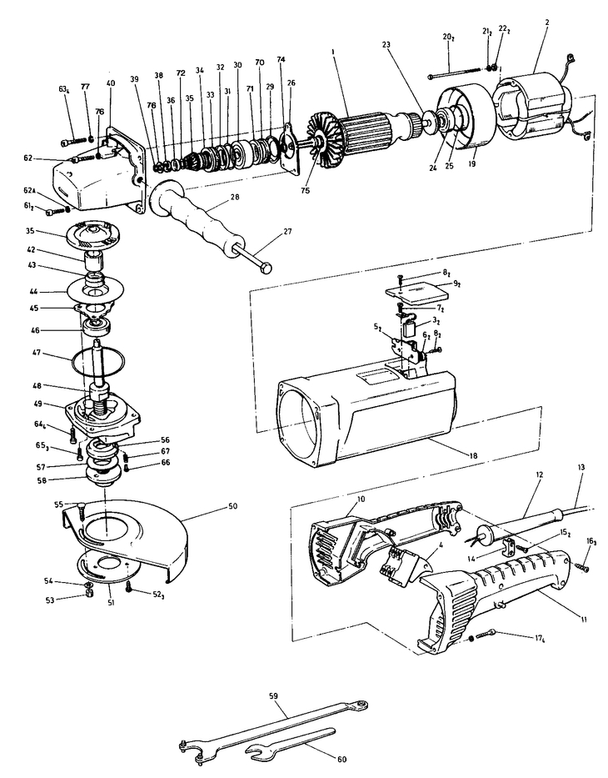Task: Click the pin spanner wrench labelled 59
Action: [x=275, y=718]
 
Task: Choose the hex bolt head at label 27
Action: [x=265, y=266]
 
